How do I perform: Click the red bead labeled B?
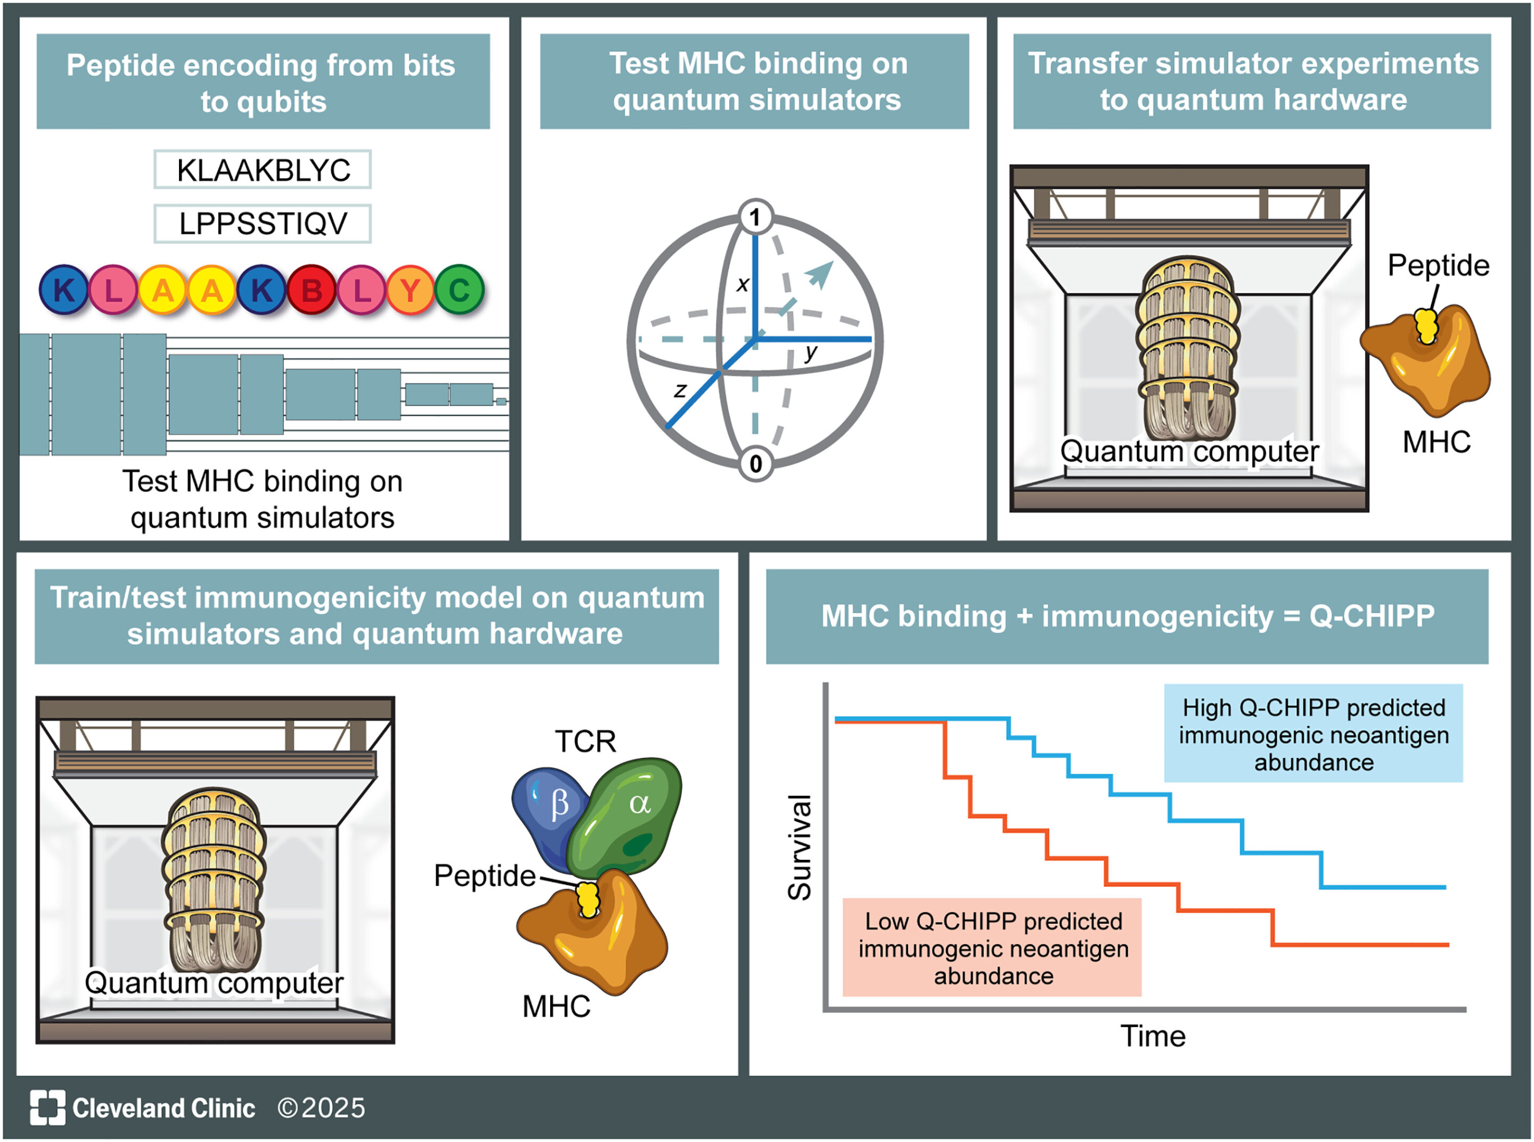pos(311,290)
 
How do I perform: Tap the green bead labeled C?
pos(459,290)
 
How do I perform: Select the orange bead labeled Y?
pos(410,290)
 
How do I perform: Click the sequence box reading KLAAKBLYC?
pos(263,169)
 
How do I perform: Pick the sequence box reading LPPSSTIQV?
pos(263,223)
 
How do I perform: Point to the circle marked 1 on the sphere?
pos(755,217)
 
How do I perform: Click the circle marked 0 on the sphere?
pos(755,463)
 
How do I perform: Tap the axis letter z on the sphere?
pos(680,391)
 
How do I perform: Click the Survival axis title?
pos(799,848)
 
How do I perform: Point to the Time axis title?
pos(1153,1036)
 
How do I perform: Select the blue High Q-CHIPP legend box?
pos(1313,734)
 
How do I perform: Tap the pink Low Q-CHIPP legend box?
pos(992,947)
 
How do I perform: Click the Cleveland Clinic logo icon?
pos(48,1107)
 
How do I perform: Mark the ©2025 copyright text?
pos(321,1108)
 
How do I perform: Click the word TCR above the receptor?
pos(585,742)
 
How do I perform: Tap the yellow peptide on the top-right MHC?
pos(1426,326)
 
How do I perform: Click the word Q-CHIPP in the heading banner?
pos(1372,616)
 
